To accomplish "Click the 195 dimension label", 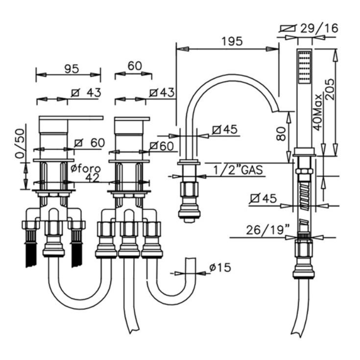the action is [232, 42].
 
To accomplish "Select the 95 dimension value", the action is [72, 69].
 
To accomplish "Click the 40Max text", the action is [318, 112].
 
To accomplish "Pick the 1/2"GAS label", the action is [238, 170].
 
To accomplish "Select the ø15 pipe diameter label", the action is [220, 267].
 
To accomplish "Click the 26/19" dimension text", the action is [267, 230].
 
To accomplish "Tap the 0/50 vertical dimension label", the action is [20, 144].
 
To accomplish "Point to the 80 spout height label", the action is [281, 134].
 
